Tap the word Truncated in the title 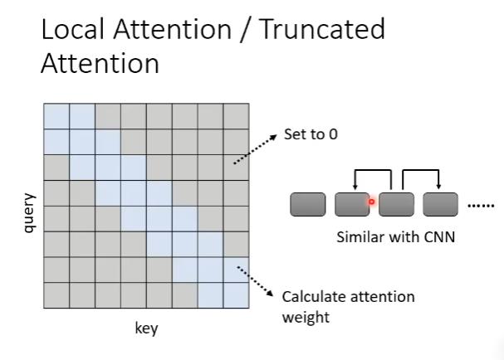point(323,30)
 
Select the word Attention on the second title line point(100,63)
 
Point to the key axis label point(146,328)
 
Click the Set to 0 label point(311,134)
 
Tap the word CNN point(440,236)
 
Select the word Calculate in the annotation point(311,296)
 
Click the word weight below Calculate point(306,317)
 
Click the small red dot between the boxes point(372,201)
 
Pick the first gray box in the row point(307,204)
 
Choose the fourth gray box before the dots point(441,204)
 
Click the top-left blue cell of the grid point(56,116)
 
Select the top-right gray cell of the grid point(236,116)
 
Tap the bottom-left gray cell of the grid point(56,295)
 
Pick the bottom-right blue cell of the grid point(236,295)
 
